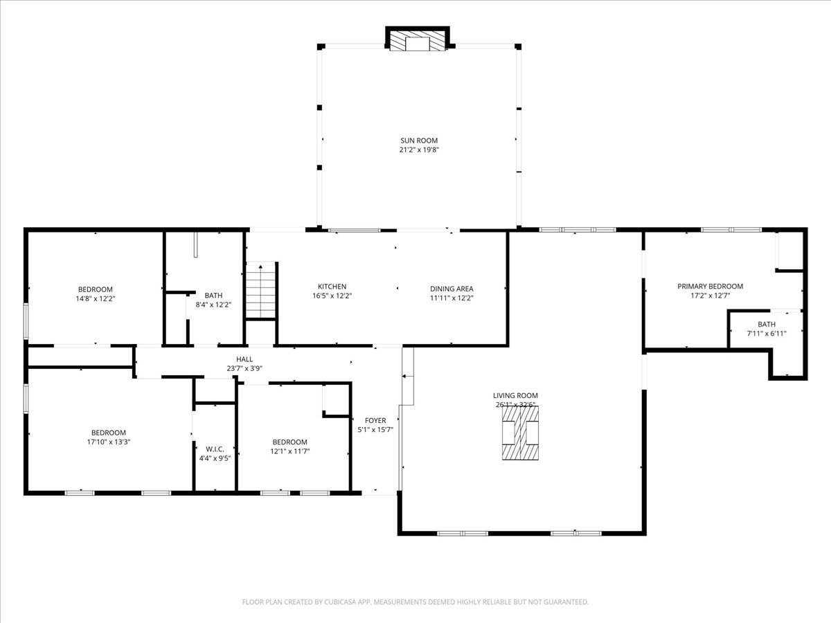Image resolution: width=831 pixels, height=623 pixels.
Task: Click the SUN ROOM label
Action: (x=419, y=141)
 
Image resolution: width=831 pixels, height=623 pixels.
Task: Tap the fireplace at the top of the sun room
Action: (x=418, y=40)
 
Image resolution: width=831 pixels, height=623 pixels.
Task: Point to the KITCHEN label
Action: (x=332, y=287)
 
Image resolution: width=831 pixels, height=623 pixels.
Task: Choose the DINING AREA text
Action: (x=452, y=289)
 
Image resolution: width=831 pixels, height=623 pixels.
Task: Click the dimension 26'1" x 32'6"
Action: (x=515, y=405)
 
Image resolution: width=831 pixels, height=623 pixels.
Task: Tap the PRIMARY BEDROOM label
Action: (x=710, y=286)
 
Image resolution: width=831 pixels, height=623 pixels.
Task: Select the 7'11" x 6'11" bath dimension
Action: (x=767, y=334)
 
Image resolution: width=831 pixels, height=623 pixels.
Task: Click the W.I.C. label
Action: (x=215, y=449)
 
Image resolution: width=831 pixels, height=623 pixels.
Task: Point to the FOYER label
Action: (x=375, y=420)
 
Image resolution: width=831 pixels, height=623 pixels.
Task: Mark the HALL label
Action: (x=244, y=359)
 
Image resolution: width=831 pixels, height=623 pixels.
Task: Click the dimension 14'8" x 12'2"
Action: (x=95, y=299)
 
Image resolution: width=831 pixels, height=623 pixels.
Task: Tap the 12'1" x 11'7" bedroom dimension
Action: (x=289, y=451)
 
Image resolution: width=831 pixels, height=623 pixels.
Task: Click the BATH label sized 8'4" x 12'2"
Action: (x=213, y=296)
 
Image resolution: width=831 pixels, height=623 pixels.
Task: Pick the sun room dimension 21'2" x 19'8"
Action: (x=419, y=150)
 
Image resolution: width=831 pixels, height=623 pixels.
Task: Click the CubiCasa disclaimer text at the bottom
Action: (x=415, y=602)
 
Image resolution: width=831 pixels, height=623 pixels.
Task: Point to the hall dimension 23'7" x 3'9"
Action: (x=244, y=368)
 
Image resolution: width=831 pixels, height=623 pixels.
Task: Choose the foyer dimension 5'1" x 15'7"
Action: (x=375, y=429)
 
